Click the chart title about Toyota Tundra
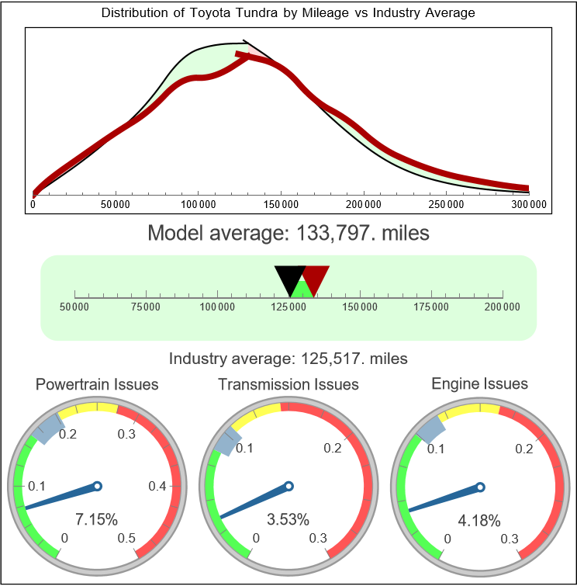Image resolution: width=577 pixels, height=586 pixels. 288,13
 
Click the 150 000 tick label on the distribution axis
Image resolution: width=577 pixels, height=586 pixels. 281,204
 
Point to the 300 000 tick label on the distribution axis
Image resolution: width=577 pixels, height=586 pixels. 529,204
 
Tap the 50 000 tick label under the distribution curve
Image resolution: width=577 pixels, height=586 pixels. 116,204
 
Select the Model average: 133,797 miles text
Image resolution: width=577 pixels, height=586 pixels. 288,232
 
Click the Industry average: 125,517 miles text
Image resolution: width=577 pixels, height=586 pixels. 288,359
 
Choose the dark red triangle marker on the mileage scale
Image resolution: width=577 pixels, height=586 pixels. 316,276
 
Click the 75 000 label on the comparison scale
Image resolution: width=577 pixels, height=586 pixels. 146,307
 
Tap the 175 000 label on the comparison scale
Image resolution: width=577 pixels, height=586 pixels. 431,307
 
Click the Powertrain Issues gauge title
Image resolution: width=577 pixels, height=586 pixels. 97,384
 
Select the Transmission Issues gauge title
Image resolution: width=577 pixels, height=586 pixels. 288,384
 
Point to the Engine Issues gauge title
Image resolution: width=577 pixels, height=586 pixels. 479,383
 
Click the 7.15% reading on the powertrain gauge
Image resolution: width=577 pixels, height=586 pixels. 96,518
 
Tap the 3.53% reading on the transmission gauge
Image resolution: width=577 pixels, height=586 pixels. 288,518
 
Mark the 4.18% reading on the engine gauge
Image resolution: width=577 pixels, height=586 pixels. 479,520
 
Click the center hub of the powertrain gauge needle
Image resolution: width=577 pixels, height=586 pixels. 97,486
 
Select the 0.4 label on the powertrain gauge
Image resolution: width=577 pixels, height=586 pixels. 157,487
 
